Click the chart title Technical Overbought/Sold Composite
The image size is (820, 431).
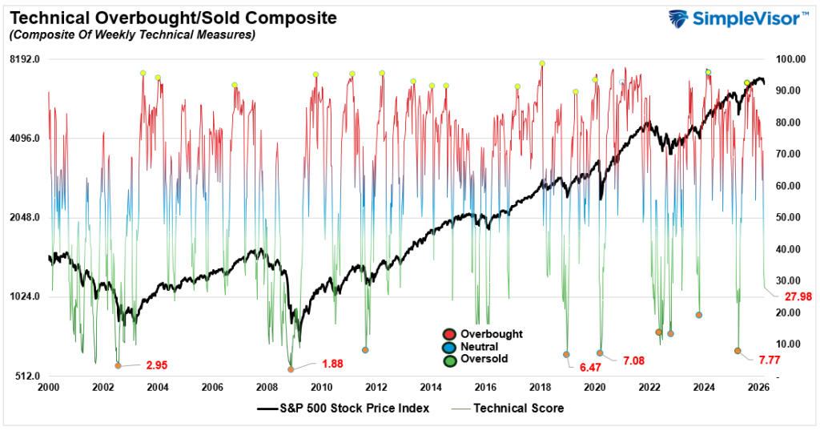172,17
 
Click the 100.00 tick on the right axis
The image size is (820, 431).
782,59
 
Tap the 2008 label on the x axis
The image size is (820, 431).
267,387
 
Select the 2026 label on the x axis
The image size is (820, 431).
758,387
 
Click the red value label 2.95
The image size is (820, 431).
156,365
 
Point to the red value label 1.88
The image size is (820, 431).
332,364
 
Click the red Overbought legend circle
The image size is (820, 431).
448,334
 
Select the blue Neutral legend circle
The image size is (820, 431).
448,347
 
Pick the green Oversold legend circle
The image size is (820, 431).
448,360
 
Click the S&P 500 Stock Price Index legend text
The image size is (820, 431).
355,409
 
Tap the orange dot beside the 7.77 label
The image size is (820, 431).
738,351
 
